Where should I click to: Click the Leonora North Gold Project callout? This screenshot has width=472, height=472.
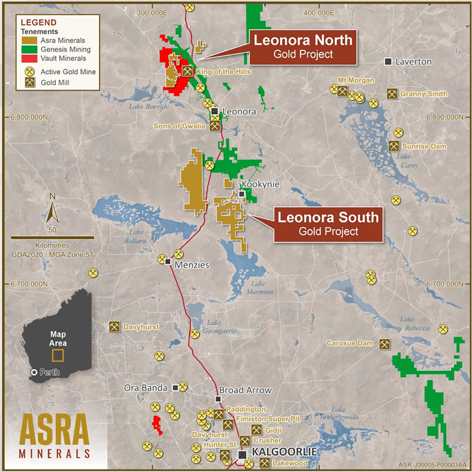[303, 47]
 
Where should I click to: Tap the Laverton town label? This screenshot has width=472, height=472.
[413, 62]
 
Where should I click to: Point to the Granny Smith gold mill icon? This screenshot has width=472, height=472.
[392, 94]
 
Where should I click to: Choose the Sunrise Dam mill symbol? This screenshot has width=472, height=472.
[394, 146]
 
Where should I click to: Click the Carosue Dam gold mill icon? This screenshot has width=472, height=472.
[384, 344]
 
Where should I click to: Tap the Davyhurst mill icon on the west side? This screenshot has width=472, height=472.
[114, 327]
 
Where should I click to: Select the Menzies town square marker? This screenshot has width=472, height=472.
[168, 261]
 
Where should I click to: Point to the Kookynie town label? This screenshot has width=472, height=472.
[260, 184]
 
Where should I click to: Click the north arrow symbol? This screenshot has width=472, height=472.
[52, 211]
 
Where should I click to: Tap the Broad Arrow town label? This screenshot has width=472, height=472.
[245, 390]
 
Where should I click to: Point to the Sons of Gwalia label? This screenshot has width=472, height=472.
[179, 126]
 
